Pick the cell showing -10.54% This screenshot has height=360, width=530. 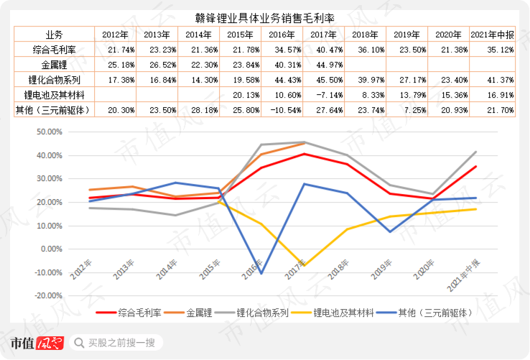click(x=282, y=109)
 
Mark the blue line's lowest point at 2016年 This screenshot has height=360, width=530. click(x=261, y=273)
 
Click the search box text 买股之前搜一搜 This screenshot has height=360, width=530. click(x=121, y=343)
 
